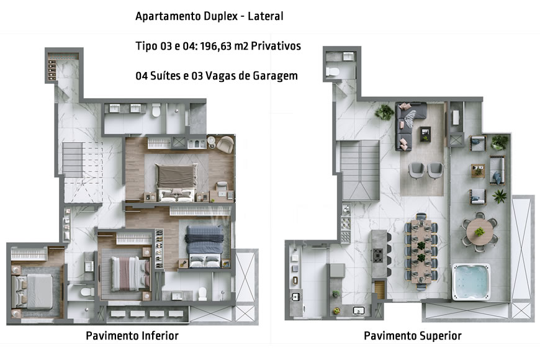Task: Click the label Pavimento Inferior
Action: [132, 336]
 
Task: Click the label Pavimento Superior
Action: [412, 336]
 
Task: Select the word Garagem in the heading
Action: [276, 76]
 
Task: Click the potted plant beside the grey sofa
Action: [385, 112]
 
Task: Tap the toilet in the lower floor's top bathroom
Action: [156, 110]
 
